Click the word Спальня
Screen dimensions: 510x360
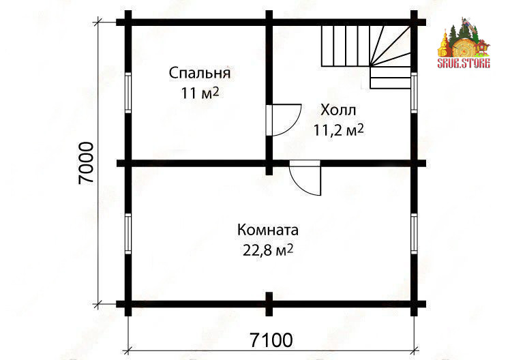pyautogui.click(x=199, y=73)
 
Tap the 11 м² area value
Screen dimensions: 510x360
pyautogui.click(x=200, y=93)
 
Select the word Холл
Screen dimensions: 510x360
pyautogui.click(x=338, y=110)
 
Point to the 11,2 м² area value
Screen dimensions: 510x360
pyautogui.click(x=338, y=130)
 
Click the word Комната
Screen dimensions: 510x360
pyautogui.click(x=268, y=230)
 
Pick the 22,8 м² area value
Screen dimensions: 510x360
pyautogui.click(x=268, y=250)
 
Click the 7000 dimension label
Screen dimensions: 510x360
pyautogui.click(x=86, y=163)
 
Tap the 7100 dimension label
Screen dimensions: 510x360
pyautogui.click(x=271, y=340)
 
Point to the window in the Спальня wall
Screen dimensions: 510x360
pyautogui.click(x=128, y=93)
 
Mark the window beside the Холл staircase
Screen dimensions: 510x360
pyautogui.click(x=414, y=93)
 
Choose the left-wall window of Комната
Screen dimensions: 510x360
pyautogui.click(x=128, y=233)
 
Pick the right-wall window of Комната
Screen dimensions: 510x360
pyautogui.click(x=414, y=233)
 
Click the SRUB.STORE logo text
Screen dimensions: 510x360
pyautogui.click(x=464, y=63)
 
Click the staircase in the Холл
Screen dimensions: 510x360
pyautogui.click(x=366, y=57)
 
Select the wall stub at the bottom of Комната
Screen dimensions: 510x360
pyautogui.click(x=269, y=303)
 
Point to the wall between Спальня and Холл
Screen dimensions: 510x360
pyautogui.click(x=269, y=93)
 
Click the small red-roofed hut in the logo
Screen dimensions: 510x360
pyautogui.click(x=482, y=48)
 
